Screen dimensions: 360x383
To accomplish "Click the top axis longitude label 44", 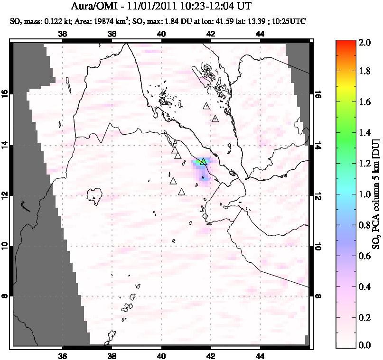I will [x=260, y=34].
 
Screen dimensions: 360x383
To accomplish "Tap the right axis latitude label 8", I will [x=317, y=296].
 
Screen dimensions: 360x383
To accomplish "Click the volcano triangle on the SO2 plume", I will [x=203, y=162].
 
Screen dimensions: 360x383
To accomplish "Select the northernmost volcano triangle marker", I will [x=206, y=106].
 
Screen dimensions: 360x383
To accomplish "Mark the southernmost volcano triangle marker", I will [x=181, y=192].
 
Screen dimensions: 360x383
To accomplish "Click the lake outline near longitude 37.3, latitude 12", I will [x=95, y=194].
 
